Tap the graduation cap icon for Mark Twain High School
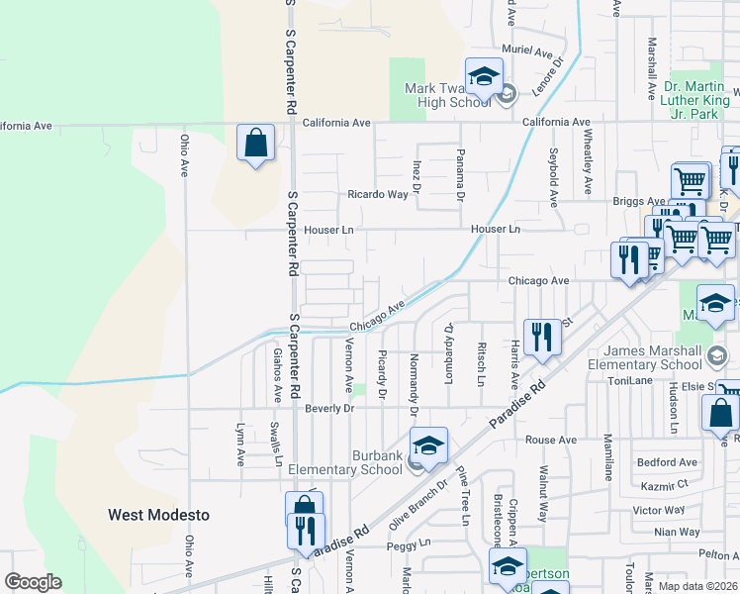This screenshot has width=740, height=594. (x=484, y=76)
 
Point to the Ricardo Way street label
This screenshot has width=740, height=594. (x=377, y=195)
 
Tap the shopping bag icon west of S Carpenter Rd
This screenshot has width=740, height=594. (x=256, y=143)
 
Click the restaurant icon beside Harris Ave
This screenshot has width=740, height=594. (x=542, y=337)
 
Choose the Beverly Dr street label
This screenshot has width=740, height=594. (x=330, y=408)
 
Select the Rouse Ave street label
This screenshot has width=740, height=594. (x=551, y=440)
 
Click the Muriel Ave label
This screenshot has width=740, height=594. (x=528, y=50)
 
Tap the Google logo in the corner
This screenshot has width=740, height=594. (x=33, y=582)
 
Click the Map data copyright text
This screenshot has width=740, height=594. (x=698, y=586)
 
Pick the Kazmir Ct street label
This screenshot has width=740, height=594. (x=664, y=485)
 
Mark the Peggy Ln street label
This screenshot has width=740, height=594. (x=411, y=544)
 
